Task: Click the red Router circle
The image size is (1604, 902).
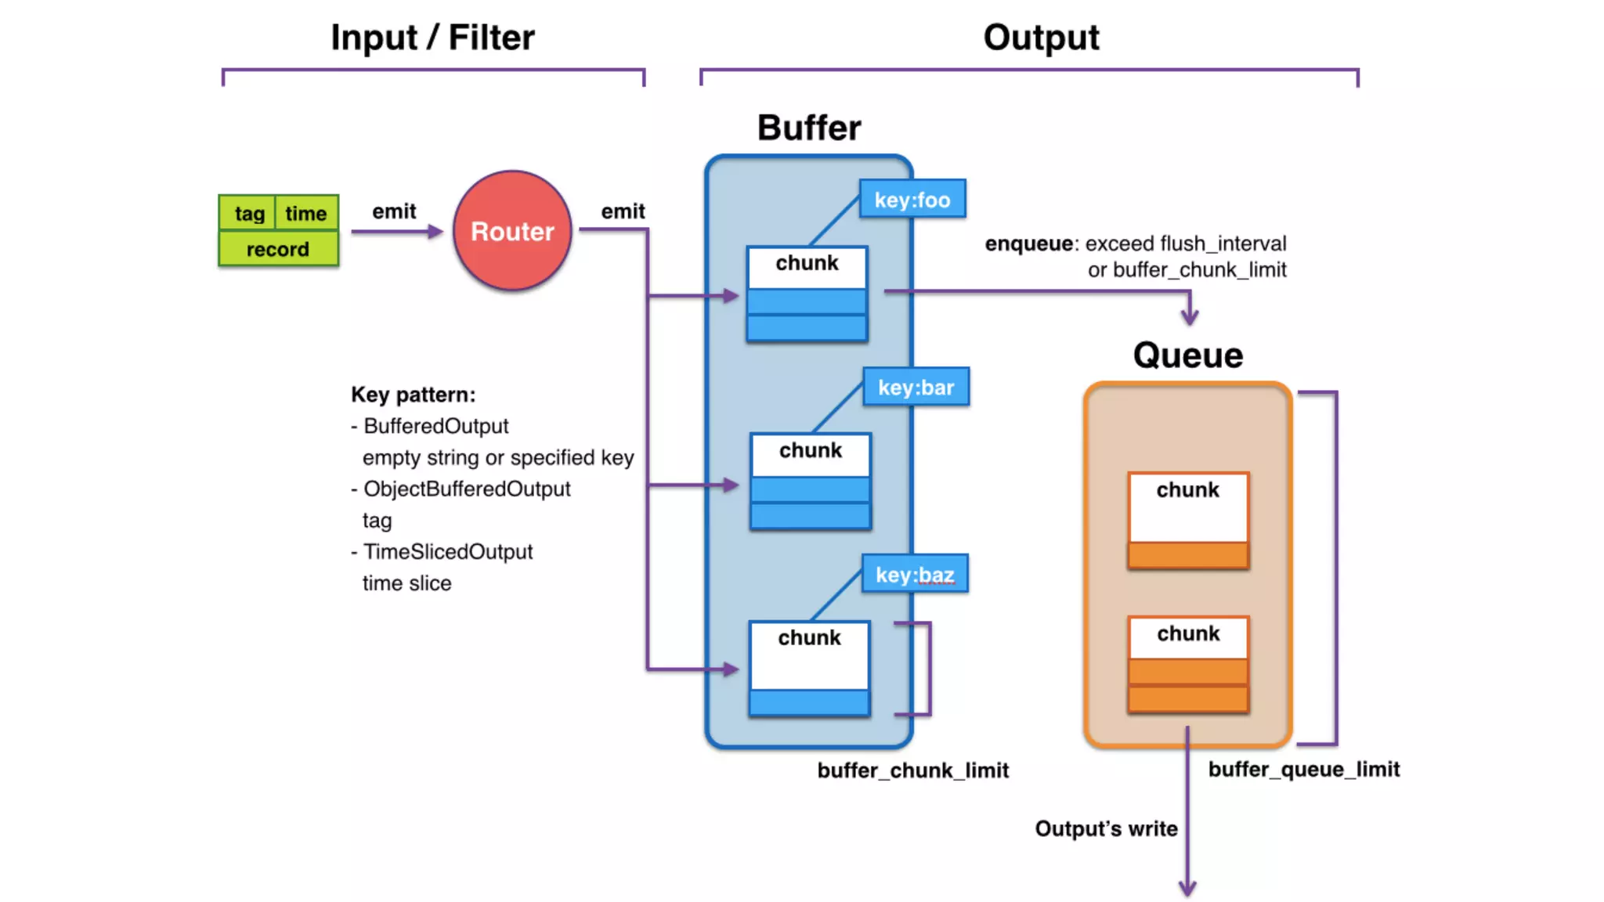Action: (x=512, y=231)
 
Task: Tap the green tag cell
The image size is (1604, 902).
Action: (x=249, y=213)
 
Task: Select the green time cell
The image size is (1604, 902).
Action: (x=305, y=213)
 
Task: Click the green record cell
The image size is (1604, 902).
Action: (x=278, y=249)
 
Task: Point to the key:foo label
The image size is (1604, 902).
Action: (x=912, y=200)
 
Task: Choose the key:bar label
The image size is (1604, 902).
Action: (x=916, y=388)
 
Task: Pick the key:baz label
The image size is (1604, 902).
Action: (x=915, y=575)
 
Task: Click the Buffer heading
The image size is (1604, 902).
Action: (x=809, y=128)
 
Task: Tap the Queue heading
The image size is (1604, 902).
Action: (x=1188, y=355)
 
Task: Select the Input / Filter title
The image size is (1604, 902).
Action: (x=432, y=38)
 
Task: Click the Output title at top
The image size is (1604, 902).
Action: (x=1041, y=38)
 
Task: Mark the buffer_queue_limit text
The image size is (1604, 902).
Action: (x=1304, y=769)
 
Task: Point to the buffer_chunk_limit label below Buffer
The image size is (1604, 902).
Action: (x=913, y=770)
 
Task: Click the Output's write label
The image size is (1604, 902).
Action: (x=1106, y=828)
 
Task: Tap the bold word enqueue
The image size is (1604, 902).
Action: (x=1028, y=244)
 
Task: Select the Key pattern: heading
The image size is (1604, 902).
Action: (x=413, y=395)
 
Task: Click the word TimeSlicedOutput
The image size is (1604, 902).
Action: (x=448, y=552)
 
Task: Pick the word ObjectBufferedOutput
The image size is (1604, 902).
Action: (x=467, y=489)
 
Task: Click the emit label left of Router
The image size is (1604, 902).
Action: (x=394, y=211)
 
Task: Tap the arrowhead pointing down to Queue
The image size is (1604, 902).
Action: (x=1190, y=316)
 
